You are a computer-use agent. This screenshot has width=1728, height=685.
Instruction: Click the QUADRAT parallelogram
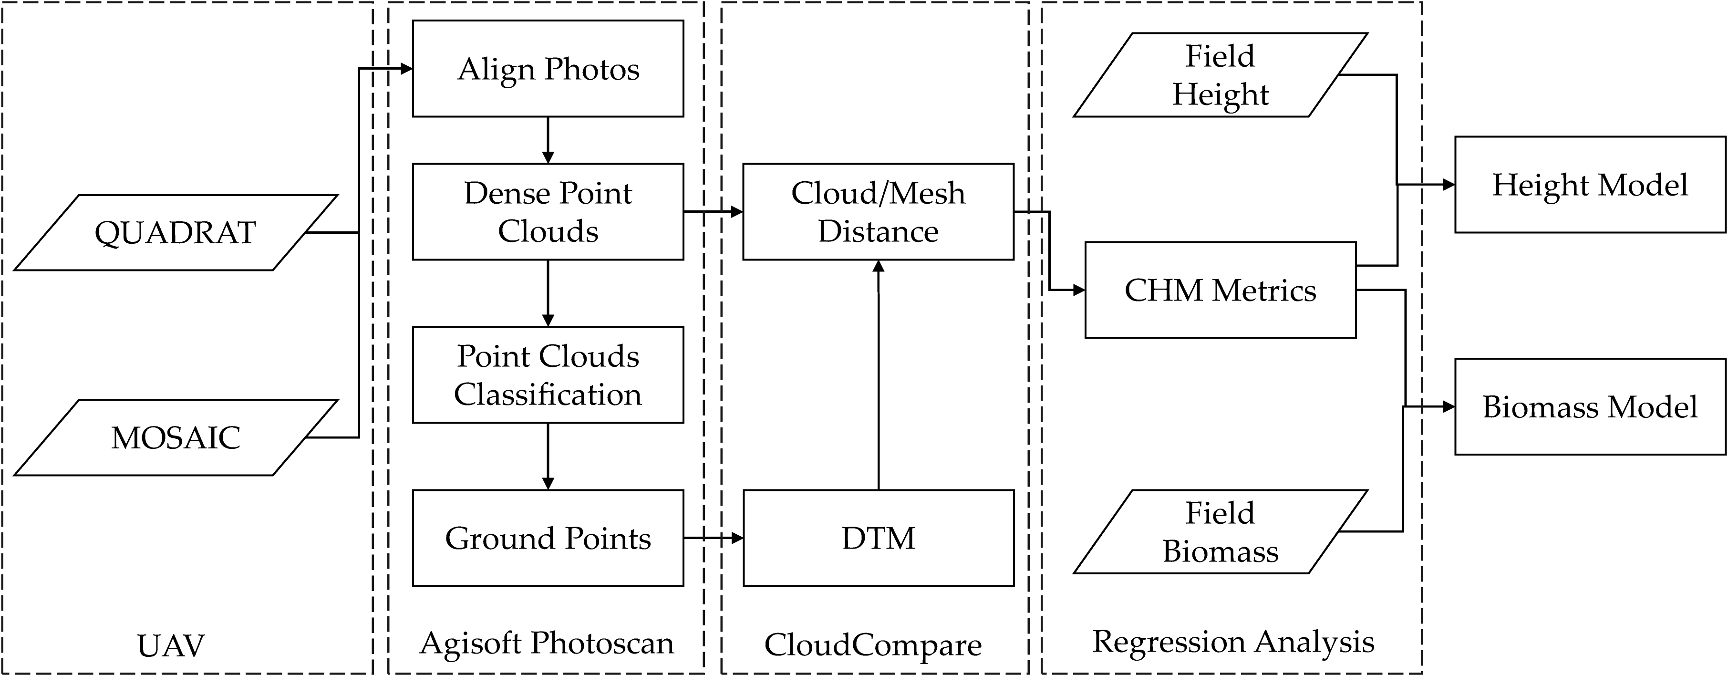[175, 233]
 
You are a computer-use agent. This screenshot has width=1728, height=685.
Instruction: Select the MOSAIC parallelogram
[175, 437]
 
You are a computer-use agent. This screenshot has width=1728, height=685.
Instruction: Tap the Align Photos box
[548, 68]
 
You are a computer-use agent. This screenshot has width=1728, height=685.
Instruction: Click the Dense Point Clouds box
[548, 211]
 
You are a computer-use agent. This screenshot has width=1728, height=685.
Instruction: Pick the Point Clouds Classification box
[548, 374]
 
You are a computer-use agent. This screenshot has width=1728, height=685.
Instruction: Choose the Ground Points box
[548, 538]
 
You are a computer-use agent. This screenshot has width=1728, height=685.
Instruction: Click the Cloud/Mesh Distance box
[878, 211]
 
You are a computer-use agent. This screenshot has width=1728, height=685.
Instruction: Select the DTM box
[878, 538]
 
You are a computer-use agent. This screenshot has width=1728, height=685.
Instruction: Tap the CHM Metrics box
[1220, 290]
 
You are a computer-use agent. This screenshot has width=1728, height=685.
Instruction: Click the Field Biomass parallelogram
[1220, 531]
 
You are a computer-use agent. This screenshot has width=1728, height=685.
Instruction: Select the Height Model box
[1589, 185]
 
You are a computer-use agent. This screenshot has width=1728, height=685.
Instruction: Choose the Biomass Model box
[1589, 406]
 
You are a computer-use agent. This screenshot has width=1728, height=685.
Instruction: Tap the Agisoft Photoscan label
[546, 643]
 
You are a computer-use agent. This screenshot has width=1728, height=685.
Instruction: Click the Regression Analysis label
[1233, 642]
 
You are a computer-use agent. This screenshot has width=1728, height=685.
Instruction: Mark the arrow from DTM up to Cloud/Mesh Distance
[878, 376]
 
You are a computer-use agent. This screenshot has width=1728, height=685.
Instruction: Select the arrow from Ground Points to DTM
[713, 538]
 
